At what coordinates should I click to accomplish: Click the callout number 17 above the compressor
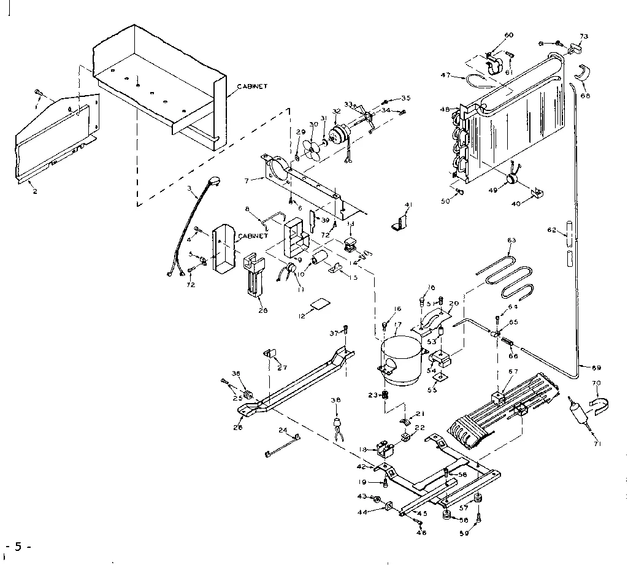point(397,324)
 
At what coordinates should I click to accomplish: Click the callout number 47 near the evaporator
point(446,75)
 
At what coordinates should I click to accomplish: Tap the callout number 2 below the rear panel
point(35,191)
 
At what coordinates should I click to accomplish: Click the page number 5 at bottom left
point(18,547)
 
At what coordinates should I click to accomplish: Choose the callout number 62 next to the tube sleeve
point(551,231)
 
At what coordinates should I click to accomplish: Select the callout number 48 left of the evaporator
point(445,110)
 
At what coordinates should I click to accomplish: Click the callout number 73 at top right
point(584,37)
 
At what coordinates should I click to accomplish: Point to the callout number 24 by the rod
point(283,429)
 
